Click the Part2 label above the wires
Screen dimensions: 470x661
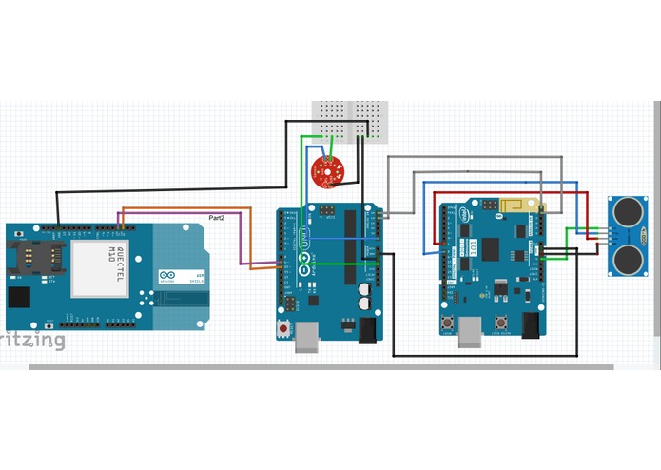click(x=217, y=218)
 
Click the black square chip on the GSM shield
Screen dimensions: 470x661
click(x=20, y=297)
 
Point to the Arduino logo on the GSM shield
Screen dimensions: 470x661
click(x=167, y=274)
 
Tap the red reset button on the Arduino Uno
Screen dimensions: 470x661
click(x=284, y=329)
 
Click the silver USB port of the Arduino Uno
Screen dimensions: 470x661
click(x=307, y=337)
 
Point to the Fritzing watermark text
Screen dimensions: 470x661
click(x=32, y=340)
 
